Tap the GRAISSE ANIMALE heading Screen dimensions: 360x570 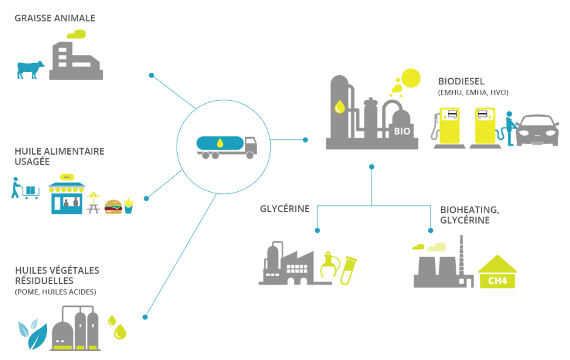point(55,18)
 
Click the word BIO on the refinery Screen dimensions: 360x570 point(402,130)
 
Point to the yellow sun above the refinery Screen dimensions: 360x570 point(411,78)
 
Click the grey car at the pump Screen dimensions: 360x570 point(538,130)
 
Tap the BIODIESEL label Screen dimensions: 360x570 point(461,81)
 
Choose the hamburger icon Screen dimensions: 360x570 point(114,207)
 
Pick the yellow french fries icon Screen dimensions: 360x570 point(128,206)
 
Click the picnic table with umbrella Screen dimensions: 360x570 point(93,202)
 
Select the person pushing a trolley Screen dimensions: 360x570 point(16,188)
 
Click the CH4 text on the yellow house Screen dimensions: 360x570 point(497,281)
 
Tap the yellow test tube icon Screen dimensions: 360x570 point(350,270)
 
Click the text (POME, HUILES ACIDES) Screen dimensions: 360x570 point(55,292)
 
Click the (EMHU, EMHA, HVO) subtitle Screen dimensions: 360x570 point(473,92)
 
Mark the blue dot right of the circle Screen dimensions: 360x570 point(305,140)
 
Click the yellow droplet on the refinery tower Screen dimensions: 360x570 point(339,106)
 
